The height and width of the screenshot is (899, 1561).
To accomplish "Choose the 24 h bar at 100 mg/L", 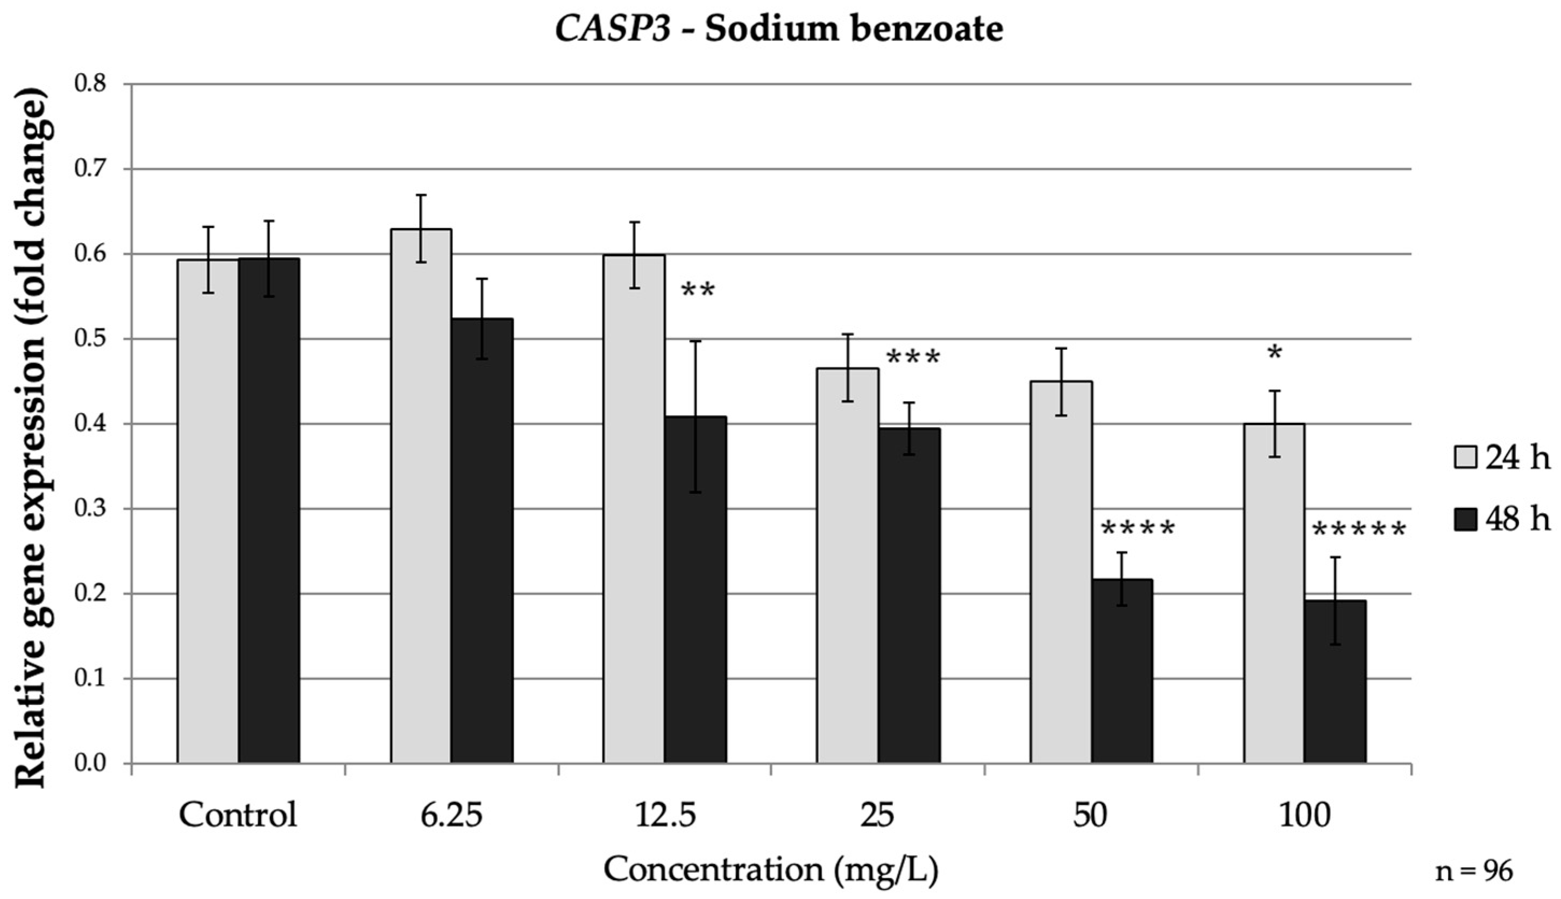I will click(x=1274, y=593).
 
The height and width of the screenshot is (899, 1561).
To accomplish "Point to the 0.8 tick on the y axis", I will click(x=91, y=84).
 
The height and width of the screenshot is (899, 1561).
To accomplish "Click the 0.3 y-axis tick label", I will click(x=91, y=509).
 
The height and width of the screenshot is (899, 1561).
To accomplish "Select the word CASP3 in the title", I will click(x=613, y=29).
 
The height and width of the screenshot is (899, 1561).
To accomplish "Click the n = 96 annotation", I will click(x=1474, y=871).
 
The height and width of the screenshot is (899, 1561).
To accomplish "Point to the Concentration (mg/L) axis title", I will click(x=770, y=870).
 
